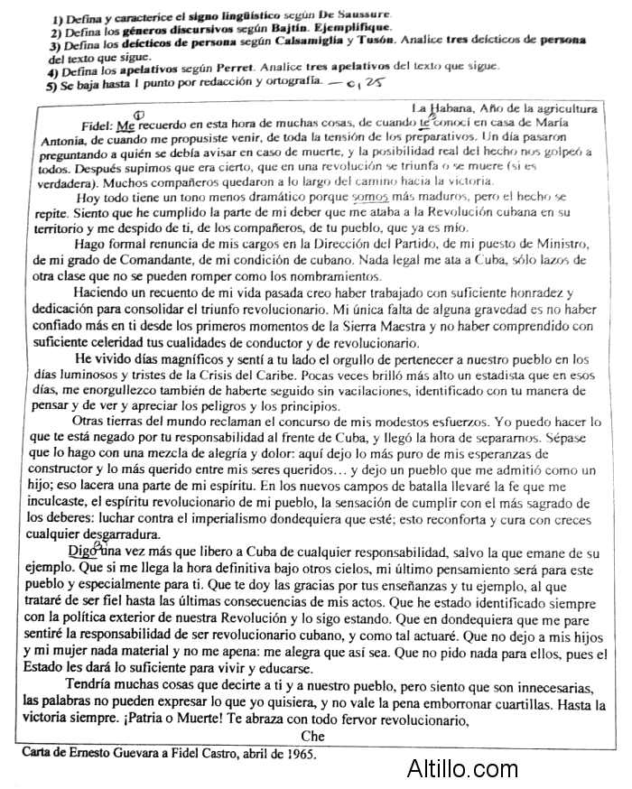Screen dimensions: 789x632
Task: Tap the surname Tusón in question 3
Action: [x=372, y=42]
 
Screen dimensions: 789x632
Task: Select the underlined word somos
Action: [x=368, y=197]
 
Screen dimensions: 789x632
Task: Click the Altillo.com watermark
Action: [x=460, y=770]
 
